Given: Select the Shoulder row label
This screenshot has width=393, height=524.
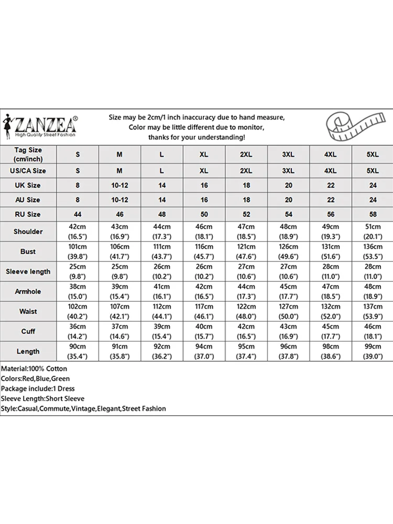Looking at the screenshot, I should click(x=28, y=232).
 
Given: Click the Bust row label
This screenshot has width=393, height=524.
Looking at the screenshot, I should click(x=28, y=252).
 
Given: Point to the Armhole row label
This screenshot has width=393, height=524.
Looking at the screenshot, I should click(x=28, y=291).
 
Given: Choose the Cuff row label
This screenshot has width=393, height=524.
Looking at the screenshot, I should click(x=28, y=331).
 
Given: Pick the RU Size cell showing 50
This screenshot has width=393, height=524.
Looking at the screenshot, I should click(x=204, y=214).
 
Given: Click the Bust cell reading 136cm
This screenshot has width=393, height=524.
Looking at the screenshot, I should click(x=373, y=252).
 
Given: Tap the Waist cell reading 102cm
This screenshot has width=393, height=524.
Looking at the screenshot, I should click(x=78, y=311).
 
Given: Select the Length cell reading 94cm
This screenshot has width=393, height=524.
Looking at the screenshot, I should click(x=204, y=351).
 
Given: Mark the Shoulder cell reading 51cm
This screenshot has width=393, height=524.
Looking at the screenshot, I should click(x=373, y=232).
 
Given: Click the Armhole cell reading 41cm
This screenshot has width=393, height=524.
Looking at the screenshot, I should click(x=162, y=291).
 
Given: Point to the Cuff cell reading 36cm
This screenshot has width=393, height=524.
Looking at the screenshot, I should click(x=78, y=331).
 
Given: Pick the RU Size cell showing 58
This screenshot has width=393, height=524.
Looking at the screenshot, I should click(x=373, y=214).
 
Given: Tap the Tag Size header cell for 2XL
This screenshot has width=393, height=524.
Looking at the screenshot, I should click(x=246, y=155).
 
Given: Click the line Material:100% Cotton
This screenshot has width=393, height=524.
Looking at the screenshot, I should click(x=34, y=369).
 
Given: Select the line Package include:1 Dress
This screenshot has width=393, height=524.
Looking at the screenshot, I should click(x=38, y=388).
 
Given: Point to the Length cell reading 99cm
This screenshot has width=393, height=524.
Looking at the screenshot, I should click(x=373, y=351).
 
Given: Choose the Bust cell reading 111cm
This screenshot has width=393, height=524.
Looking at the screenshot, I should click(x=162, y=252).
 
